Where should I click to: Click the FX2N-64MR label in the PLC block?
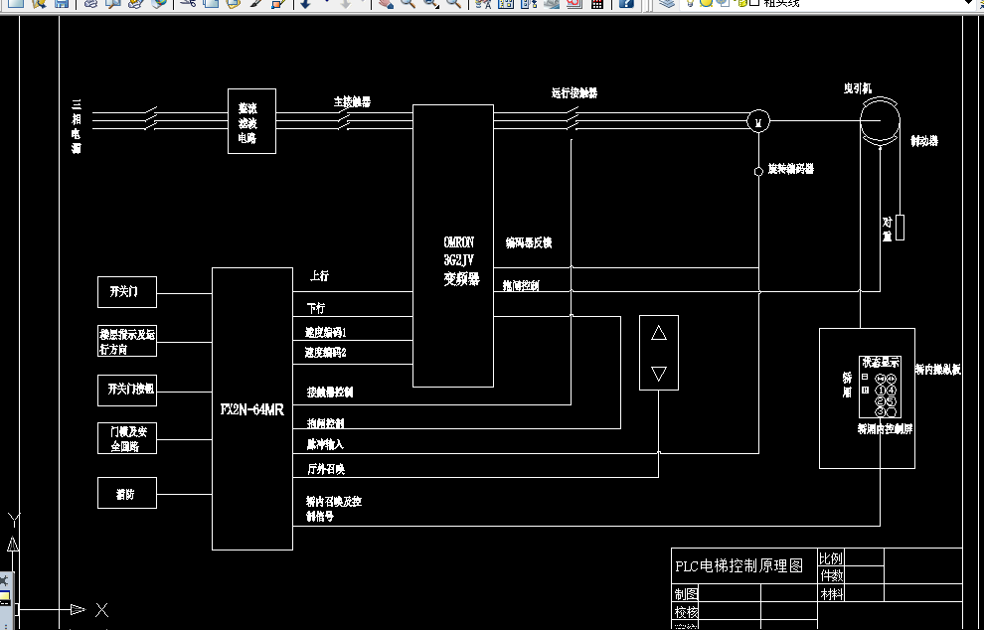click(x=252, y=408)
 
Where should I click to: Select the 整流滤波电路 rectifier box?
click(x=251, y=121)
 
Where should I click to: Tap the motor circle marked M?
click(x=758, y=121)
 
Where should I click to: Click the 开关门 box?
click(x=127, y=292)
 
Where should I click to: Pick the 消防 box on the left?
click(x=127, y=493)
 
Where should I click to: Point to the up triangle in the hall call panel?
click(x=658, y=333)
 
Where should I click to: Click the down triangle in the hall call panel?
click(x=658, y=373)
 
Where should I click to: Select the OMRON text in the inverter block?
click(x=459, y=241)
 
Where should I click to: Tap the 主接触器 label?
click(x=352, y=101)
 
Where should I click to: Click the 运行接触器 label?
click(x=574, y=93)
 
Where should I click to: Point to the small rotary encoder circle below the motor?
click(x=758, y=171)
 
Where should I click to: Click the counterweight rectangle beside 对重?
click(x=901, y=227)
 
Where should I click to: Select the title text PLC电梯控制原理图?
click(x=738, y=565)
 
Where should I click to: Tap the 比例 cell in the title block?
click(x=831, y=557)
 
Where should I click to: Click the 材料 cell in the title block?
click(x=831, y=594)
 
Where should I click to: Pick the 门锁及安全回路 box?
click(x=127, y=438)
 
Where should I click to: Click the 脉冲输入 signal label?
click(x=325, y=444)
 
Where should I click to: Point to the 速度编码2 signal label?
click(x=326, y=352)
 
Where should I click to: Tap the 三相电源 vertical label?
click(x=76, y=126)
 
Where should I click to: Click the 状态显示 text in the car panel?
click(x=881, y=363)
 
